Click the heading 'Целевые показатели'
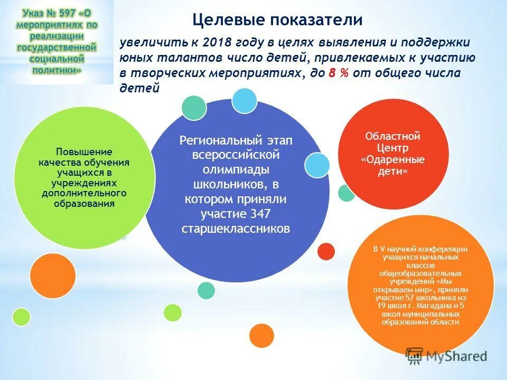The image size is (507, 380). point(277,20)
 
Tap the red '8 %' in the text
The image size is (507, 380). point(339,73)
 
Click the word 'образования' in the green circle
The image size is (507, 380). point(84,204)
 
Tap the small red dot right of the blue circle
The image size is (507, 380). point(326,251)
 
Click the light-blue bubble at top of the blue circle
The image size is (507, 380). point(244,100)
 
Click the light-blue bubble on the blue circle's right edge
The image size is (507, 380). point(317,165)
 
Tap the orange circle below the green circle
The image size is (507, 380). point(53,276)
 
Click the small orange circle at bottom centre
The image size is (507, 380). point(261,335)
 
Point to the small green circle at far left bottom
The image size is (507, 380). point(21,316)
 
